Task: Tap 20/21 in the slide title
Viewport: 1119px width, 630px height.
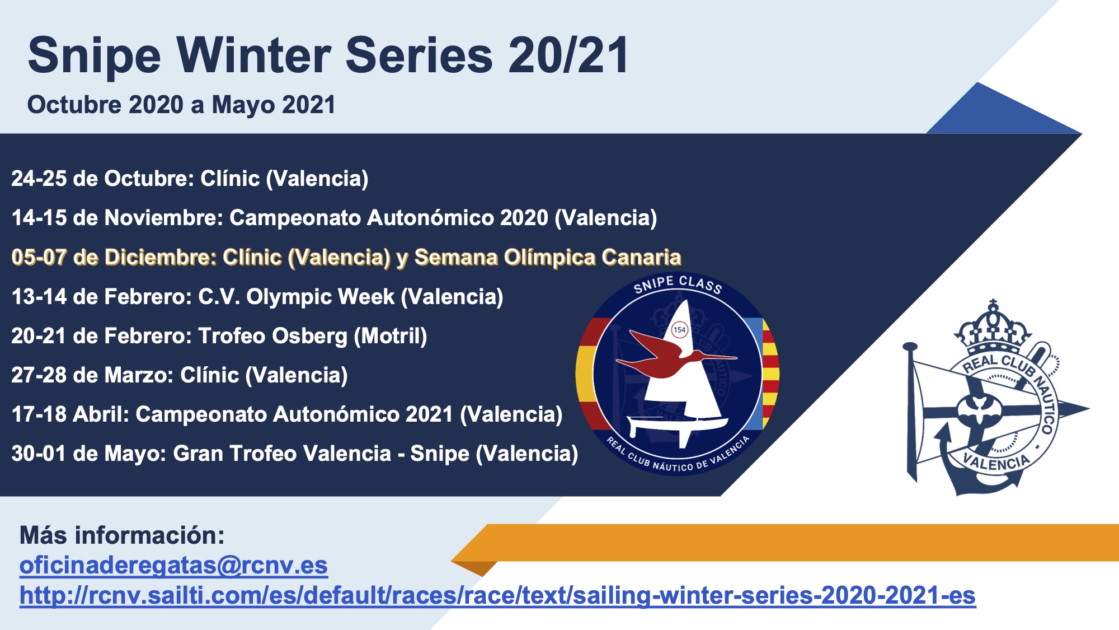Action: click(568, 55)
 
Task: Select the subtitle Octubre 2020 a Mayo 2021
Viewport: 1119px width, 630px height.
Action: click(181, 105)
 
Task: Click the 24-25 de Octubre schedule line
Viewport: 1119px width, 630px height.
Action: click(190, 179)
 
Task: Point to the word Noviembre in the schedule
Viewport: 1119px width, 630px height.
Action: click(163, 218)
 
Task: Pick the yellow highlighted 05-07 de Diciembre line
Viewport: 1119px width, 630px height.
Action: click(346, 257)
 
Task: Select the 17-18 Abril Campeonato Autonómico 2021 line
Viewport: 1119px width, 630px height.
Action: click(287, 414)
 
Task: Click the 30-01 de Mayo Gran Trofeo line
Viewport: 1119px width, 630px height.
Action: click(295, 454)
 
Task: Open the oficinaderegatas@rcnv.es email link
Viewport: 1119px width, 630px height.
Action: click(173, 566)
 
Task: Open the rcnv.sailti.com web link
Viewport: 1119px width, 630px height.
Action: click(497, 595)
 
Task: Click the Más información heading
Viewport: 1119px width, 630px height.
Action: click(122, 535)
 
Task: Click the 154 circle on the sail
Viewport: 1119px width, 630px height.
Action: click(679, 330)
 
